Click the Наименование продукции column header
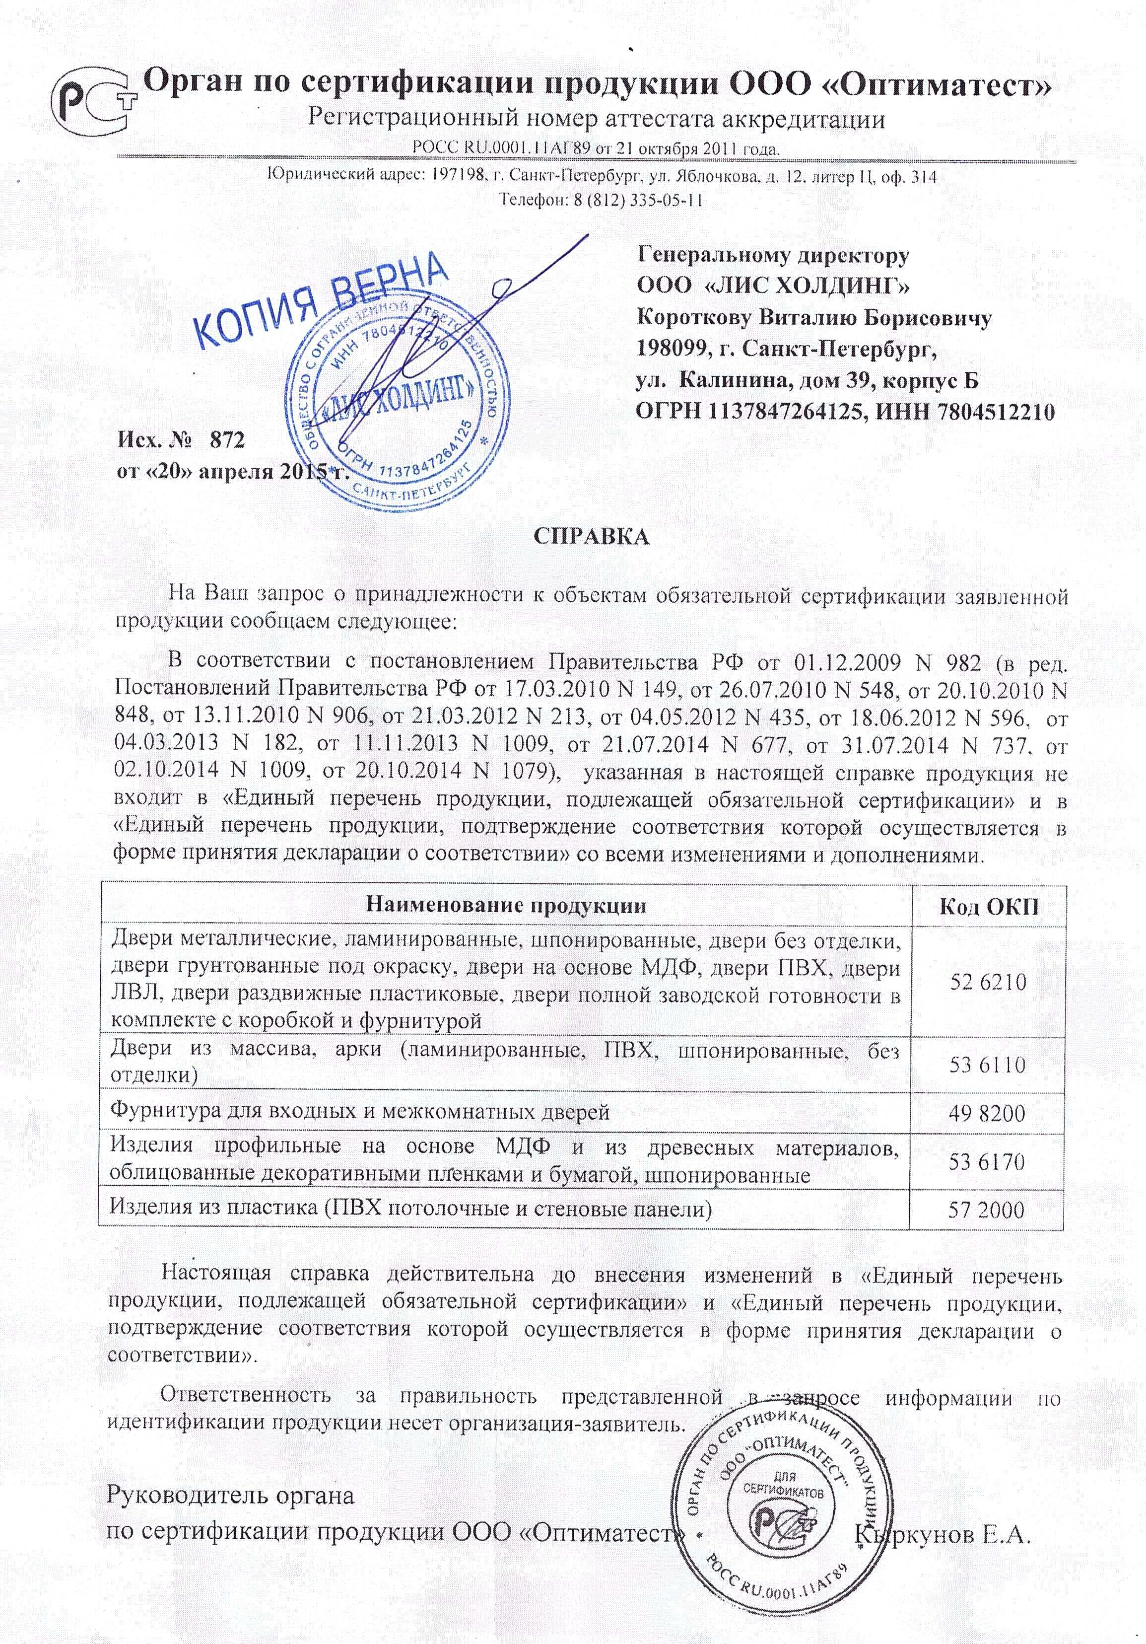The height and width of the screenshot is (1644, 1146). (x=506, y=906)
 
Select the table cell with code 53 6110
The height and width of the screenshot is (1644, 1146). (x=987, y=1065)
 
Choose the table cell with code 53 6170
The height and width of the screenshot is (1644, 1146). (x=987, y=1161)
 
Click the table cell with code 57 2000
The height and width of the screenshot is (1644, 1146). (x=987, y=1210)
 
